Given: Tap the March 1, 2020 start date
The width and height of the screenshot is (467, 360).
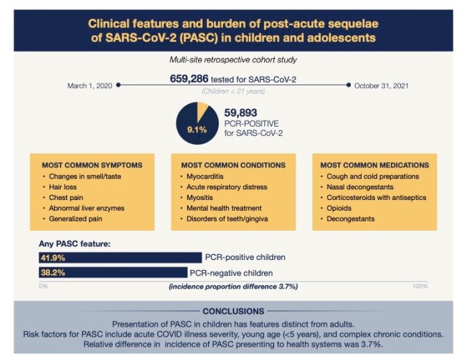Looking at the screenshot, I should pyautogui.click(x=90, y=85).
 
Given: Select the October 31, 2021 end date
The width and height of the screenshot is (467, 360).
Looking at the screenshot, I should pyautogui.click(x=382, y=85).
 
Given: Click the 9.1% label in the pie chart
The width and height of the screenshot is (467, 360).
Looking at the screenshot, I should pyautogui.click(x=197, y=130).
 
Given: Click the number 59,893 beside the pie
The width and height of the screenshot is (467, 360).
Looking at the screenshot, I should pyautogui.click(x=242, y=113).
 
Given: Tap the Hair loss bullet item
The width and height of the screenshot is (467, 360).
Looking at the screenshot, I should pyautogui.click(x=65, y=187).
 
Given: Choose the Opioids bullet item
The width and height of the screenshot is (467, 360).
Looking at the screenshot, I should pyautogui.click(x=341, y=208).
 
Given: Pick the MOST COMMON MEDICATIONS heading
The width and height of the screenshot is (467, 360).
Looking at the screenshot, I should pyautogui.click(x=374, y=165).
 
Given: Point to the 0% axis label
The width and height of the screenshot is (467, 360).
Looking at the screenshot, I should pyautogui.click(x=43, y=286).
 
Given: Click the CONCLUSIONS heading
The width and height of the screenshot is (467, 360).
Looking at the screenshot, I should pyautogui.click(x=233, y=311).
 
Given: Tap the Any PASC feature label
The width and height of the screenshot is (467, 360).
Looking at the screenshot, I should pyautogui.click(x=75, y=244).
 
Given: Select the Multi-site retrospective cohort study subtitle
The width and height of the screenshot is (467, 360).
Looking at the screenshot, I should pyautogui.click(x=233, y=60).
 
